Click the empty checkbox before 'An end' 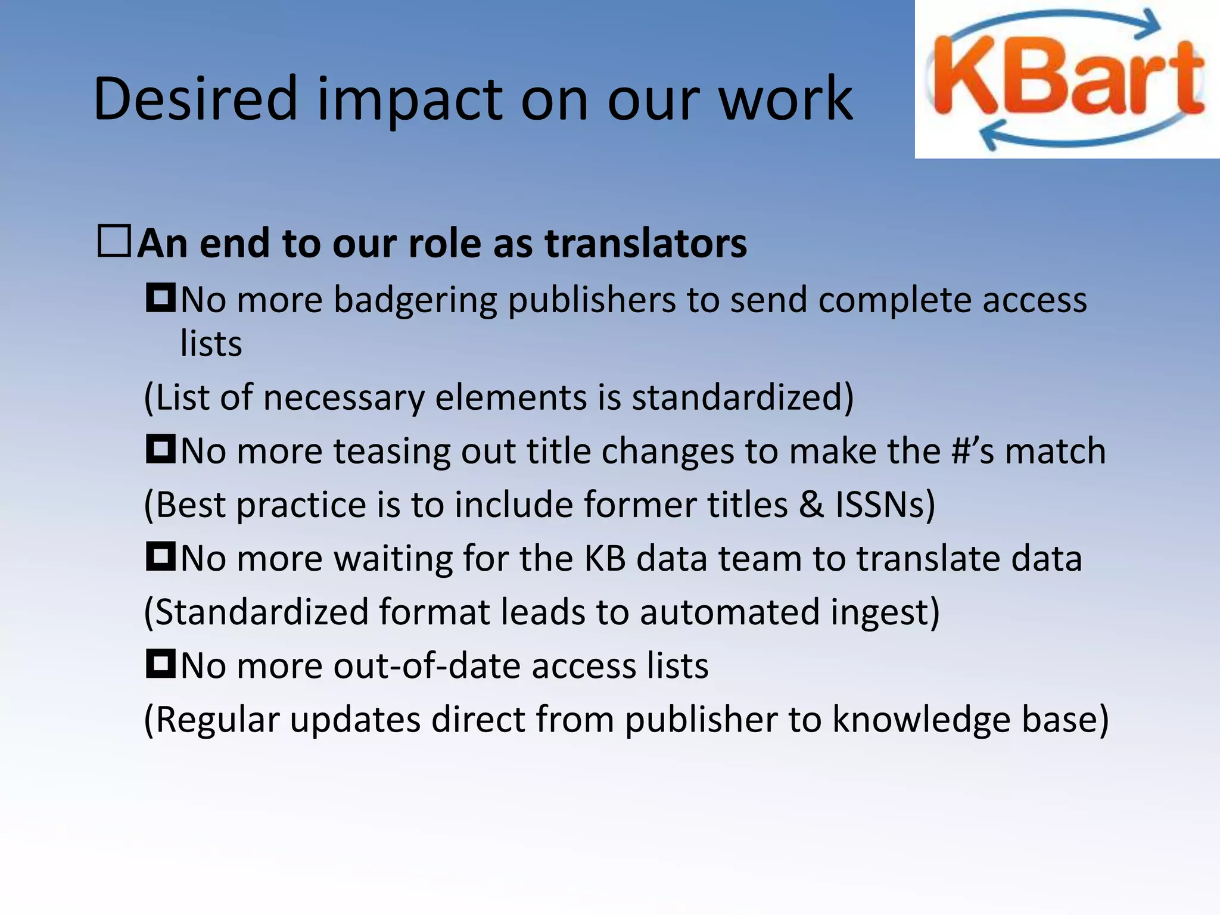pos(114,241)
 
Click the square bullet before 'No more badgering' pos(160,298)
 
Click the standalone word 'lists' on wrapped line pos(211,344)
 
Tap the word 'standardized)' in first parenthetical pos(742,397)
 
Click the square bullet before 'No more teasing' pos(160,449)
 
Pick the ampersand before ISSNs pos(811,505)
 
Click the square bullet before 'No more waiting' pos(160,556)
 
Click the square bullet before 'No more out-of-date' pos(160,664)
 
